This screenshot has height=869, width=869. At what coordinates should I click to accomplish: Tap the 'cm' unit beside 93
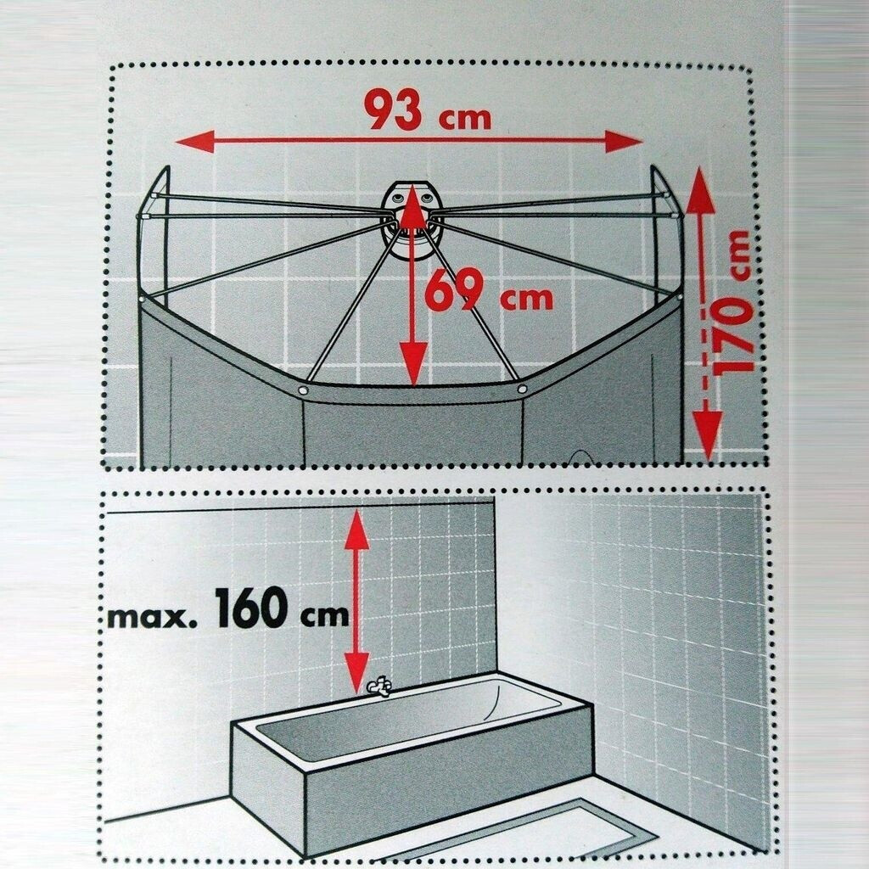pos(464,119)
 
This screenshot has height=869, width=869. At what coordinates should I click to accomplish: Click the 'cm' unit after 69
pos(526,299)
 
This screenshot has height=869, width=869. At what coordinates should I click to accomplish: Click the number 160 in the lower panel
pos(251,608)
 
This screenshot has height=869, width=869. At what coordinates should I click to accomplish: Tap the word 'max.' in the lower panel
pos(151,618)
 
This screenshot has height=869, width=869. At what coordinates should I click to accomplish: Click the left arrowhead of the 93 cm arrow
pos(195,142)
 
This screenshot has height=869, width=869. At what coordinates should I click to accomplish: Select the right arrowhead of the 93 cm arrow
pos(624,142)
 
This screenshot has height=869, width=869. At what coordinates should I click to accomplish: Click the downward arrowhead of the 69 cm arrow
pos(413,363)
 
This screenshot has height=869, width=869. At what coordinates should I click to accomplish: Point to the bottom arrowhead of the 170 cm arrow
pos(707,435)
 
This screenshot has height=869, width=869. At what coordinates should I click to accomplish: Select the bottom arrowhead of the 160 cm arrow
pos(356,672)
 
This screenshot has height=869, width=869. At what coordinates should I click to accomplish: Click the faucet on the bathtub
pos(379,687)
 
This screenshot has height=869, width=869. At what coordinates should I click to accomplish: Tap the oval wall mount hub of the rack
pos(412,221)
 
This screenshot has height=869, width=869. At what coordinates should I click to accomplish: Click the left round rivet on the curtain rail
pos(303,390)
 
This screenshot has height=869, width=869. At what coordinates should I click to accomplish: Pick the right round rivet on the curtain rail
pos(522,389)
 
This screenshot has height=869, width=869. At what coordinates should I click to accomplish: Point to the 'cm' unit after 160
pos(325,617)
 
